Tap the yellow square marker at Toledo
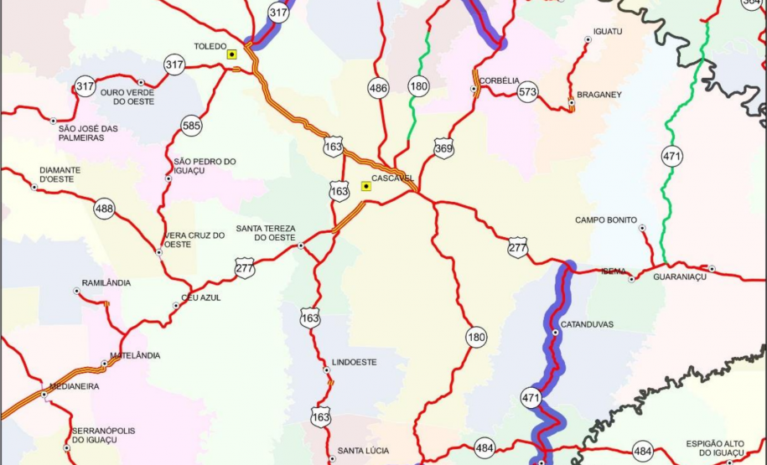coord(232,54)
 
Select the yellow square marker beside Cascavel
coord(365,186)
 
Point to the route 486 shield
coord(378,87)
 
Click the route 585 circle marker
coord(191,127)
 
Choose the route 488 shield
coord(104,209)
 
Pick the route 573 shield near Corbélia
coord(527,92)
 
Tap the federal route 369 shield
coord(443,149)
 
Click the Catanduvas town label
coord(587,324)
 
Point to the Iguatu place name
coord(608,31)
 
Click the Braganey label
coord(599,95)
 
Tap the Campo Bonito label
coord(605,220)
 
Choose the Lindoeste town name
coord(355,362)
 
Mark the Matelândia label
coord(135,355)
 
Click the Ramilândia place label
coord(106,283)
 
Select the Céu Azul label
coord(201,297)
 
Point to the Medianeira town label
coord(74,387)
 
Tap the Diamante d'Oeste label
coord(60,174)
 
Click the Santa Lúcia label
coord(363,451)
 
